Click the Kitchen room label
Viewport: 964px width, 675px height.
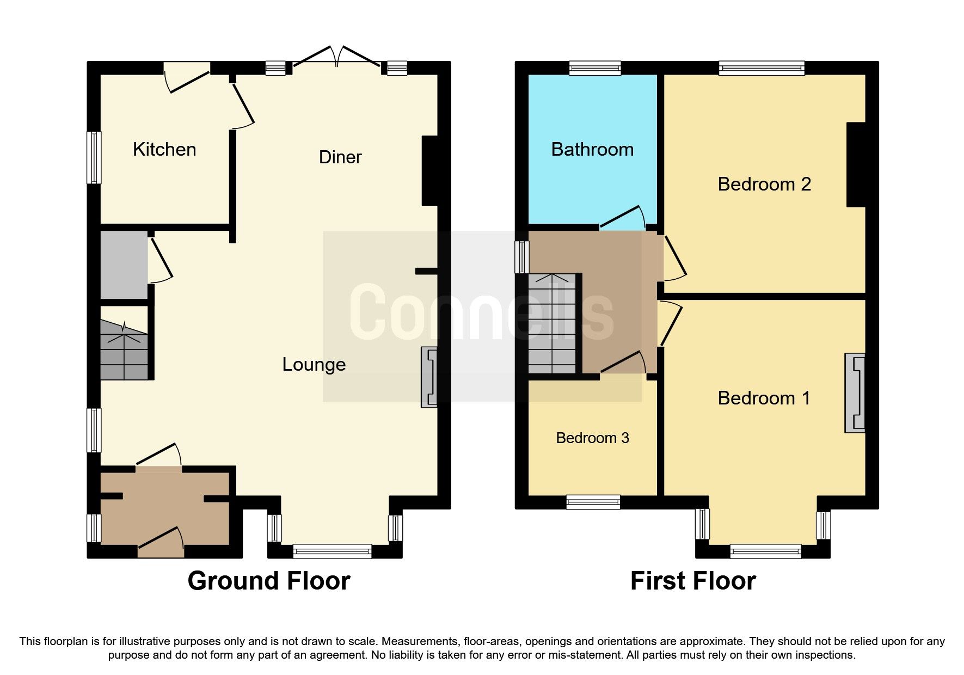click(164, 150)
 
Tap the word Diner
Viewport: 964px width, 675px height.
click(340, 157)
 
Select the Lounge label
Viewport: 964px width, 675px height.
click(314, 365)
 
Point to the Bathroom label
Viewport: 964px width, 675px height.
click(592, 150)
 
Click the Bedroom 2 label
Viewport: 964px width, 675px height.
click(764, 185)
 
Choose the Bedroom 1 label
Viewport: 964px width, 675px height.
click(764, 398)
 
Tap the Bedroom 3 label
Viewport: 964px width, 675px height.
click(592, 438)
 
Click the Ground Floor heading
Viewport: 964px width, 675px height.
click(269, 581)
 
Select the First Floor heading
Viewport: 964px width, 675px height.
click(693, 581)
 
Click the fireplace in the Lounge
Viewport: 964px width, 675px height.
click(429, 377)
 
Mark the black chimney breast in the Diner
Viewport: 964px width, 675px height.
click(429, 170)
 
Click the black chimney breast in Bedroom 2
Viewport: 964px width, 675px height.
click(856, 164)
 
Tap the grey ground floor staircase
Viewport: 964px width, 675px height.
click(124, 350)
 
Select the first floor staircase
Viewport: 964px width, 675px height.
click(552, 324)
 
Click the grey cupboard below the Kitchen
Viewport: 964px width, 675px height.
click(124, 265)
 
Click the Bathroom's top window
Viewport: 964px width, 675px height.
click(595, 68)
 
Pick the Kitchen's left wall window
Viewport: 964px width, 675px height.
click(94, 157)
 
